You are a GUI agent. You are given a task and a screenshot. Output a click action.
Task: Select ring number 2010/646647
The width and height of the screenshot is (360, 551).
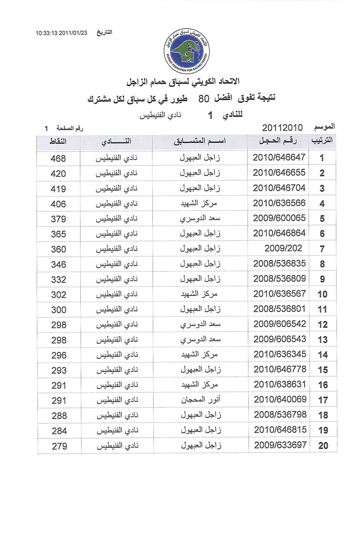(279, 158)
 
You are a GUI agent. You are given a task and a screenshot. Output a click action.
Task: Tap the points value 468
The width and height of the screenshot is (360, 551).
(58, 159)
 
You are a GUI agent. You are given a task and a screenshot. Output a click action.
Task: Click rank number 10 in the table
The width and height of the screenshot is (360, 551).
(322, 294)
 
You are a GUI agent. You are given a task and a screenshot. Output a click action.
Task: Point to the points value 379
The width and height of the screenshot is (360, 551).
(58, 218)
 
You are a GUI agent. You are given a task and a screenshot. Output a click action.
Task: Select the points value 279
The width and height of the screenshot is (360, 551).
(58, 445)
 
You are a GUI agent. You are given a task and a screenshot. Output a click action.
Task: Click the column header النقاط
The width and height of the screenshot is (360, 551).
(59, 142)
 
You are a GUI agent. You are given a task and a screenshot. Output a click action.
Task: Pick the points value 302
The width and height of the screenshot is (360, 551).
(58, 294)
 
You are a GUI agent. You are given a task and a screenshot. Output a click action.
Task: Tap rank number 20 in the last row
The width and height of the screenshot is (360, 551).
(322, 445)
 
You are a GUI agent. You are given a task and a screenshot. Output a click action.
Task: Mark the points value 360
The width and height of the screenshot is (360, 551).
(58, 248)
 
